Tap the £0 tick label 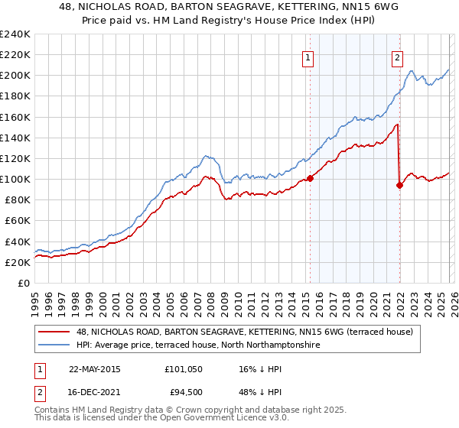(x=22, y=283)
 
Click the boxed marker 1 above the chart (x=308, y=56)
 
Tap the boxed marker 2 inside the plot (x=398, y=56)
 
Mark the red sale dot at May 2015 (x=310, y=178)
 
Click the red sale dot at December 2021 (x=399, y=184)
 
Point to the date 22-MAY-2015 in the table (x=95, y=368)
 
